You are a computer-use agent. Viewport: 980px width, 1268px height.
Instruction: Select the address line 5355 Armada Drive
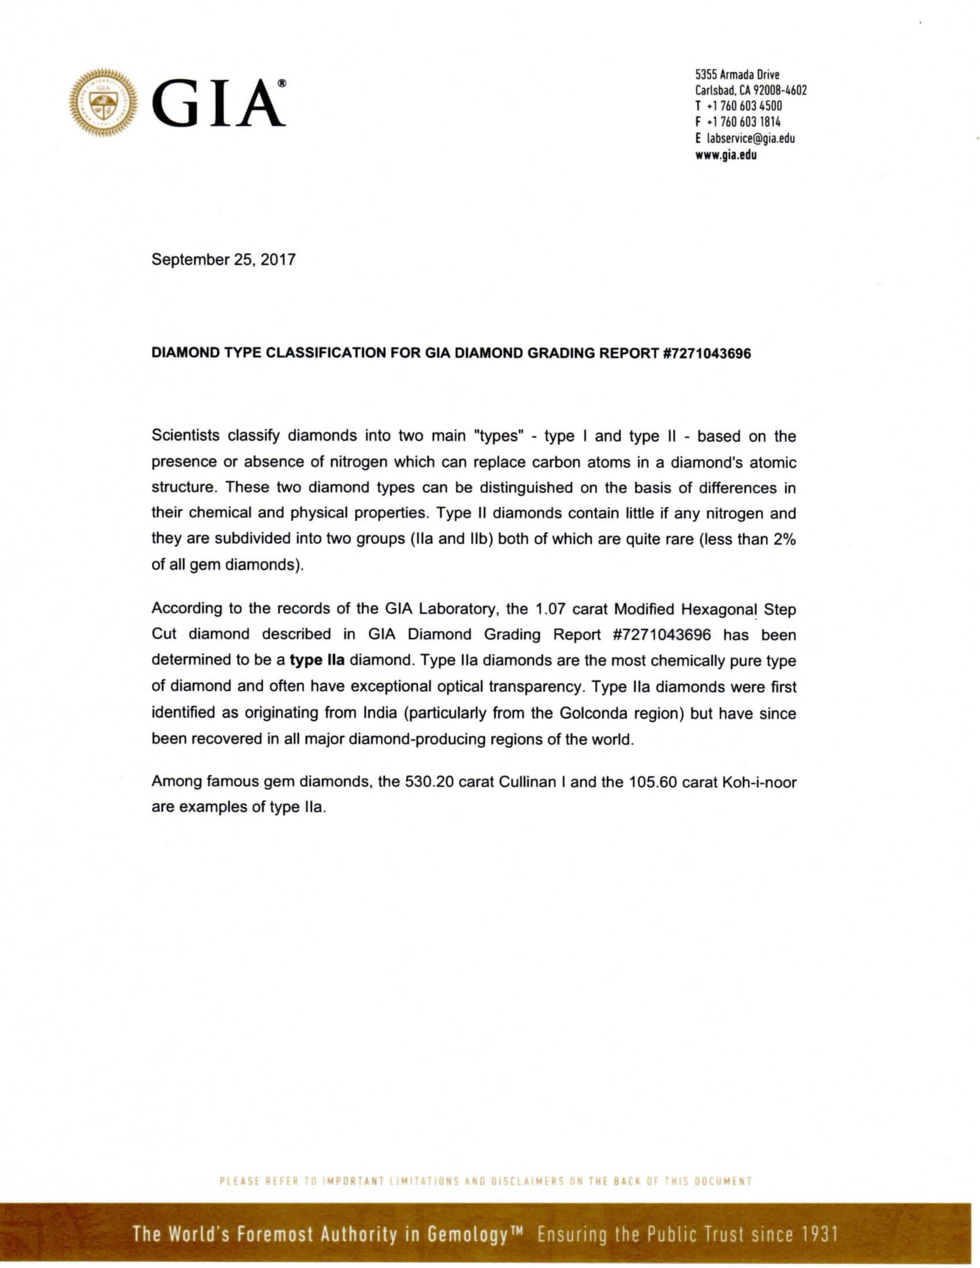tap(737, 75)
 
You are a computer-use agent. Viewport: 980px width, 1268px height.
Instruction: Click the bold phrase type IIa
tap(318, 661)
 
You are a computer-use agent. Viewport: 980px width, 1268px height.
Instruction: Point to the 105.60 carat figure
tap(653, 782)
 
